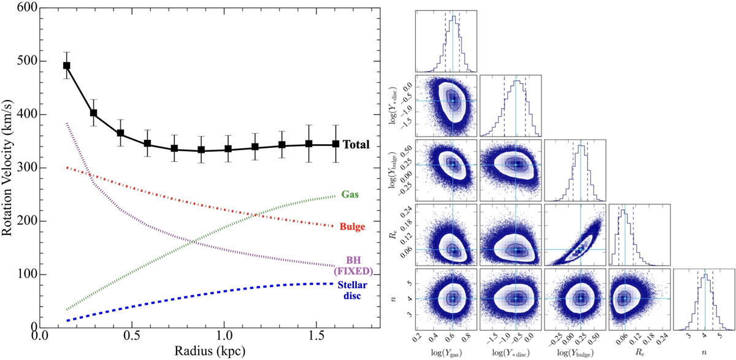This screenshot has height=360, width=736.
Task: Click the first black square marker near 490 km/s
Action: [x=67, y=66]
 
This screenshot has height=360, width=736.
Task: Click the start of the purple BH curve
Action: [x=66, y=123]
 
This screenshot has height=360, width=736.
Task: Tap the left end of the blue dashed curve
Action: [x=67, y=320]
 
